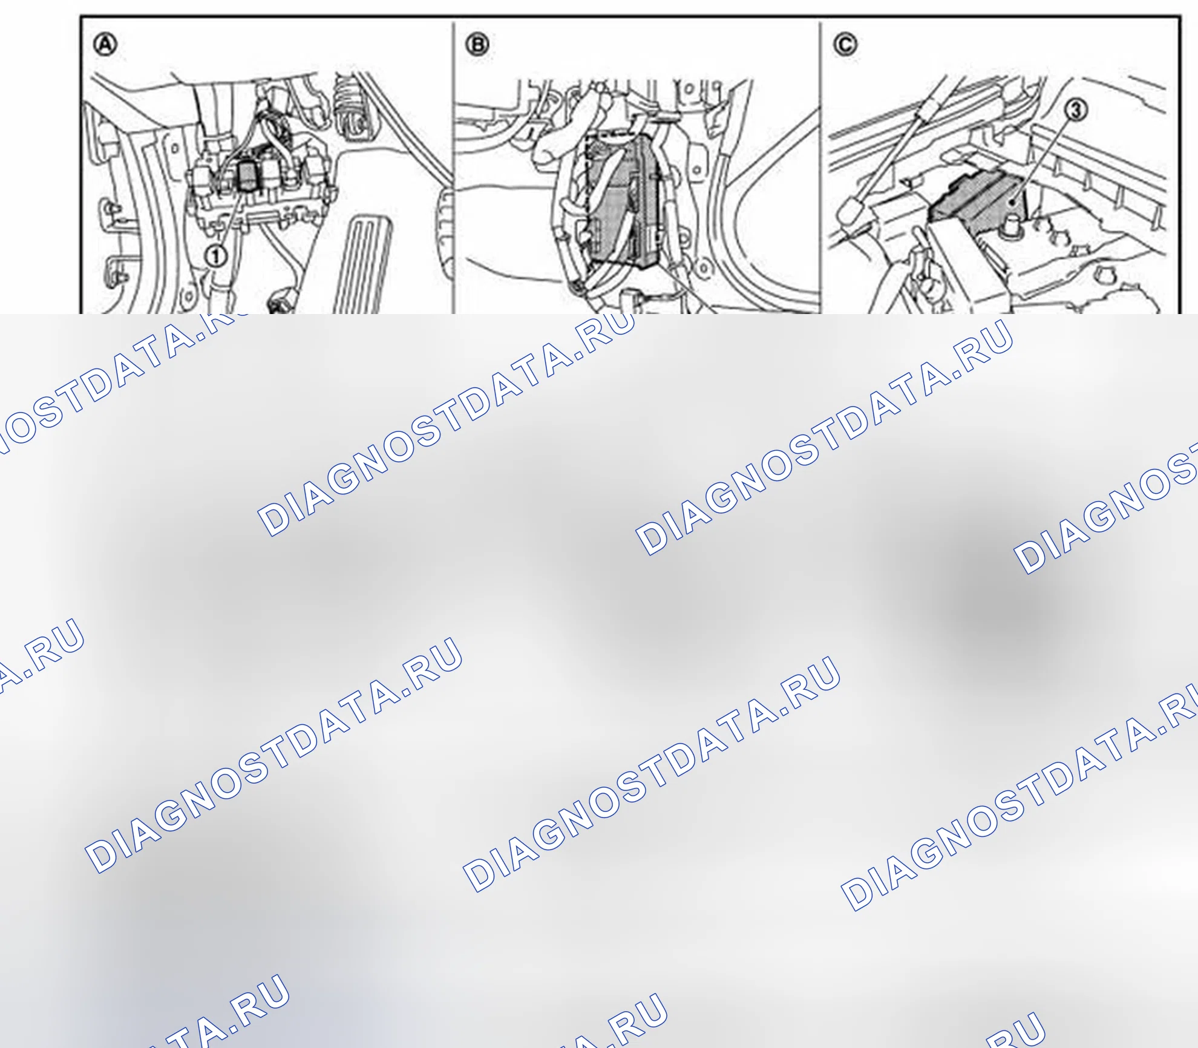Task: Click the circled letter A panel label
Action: [106, 44]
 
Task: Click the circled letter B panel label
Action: [478, 44]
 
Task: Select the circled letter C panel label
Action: [845, 44]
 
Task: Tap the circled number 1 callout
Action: [215, 255]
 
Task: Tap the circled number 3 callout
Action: [1076, 110]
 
